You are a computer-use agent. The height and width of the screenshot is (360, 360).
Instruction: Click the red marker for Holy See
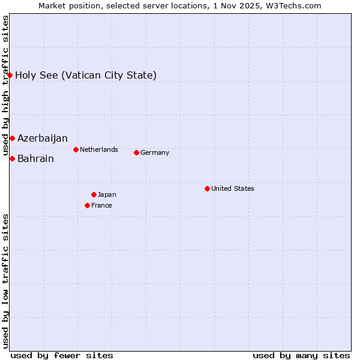coord(10,75)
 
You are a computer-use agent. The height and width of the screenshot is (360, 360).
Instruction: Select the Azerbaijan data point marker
coord(12,139)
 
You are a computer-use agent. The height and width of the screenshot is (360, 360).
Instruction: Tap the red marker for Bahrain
coord(12,158)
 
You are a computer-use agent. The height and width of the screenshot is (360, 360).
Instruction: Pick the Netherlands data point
coord(76,149)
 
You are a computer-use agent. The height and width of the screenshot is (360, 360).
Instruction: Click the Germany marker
coord(136,152)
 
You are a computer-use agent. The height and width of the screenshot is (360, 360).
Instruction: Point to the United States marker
coord(207,188)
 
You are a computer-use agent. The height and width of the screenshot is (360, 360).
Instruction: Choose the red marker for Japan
coord(94,194)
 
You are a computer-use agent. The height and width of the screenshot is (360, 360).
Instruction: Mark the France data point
coord(88,205)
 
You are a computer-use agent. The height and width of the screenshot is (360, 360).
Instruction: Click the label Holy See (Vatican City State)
coord(86,75)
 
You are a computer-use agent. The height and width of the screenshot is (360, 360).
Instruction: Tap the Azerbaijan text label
coord(43,139)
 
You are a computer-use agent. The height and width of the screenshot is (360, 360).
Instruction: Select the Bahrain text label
coord(35,159)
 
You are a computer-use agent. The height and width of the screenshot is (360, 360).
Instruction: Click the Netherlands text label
coord(99,149)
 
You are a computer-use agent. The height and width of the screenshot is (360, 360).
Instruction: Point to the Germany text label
coord(155,152)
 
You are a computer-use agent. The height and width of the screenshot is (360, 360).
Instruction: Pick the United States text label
coord(233,188)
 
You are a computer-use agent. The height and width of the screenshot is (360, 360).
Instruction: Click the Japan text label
coord(107,194)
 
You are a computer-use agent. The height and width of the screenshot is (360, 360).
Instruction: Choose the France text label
coord(101,205)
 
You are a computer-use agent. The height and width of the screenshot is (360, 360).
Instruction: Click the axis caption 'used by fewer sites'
coord(62,355)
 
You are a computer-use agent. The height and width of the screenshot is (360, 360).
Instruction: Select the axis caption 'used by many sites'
coord(301,355)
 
